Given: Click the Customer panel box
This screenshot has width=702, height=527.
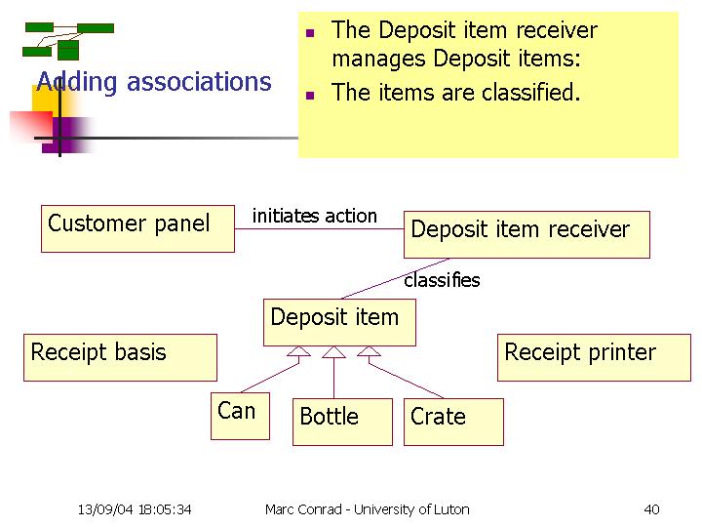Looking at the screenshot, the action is click(x=137, y=229).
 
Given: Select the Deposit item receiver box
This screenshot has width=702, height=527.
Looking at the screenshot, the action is click(x=526, y=235).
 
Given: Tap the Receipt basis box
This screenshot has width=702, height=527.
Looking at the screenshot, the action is click(x=121, y=357).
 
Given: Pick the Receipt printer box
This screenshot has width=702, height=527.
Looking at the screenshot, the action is click(x=594, y=357).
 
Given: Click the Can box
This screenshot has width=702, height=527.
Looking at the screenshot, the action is click(x=241, y=417).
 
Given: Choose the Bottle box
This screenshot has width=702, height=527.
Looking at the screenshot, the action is click(x=342, y=423).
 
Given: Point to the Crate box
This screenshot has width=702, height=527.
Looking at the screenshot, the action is click(x=453, y=423).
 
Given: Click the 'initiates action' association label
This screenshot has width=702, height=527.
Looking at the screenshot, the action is click(x=315, y=216).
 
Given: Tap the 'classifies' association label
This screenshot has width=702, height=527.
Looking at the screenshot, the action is click(x=442, y=280).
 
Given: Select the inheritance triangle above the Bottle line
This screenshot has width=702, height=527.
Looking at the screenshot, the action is click(x=334, y=352).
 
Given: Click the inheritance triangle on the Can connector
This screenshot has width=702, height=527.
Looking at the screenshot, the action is click(x=298, y=351).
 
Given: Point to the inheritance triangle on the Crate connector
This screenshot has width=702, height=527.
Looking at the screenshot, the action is click(x=369, y=351).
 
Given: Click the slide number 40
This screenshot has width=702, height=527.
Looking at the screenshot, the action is click(x=651, y=509).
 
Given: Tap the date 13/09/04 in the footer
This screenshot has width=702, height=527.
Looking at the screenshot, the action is click(x=105, y=509).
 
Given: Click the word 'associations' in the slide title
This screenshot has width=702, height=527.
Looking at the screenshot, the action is click(x=199, y=82).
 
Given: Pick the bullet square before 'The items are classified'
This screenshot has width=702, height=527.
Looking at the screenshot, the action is click(x=310, y=95).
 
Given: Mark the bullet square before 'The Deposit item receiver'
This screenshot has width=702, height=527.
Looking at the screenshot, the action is click(x=310, y=33).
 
